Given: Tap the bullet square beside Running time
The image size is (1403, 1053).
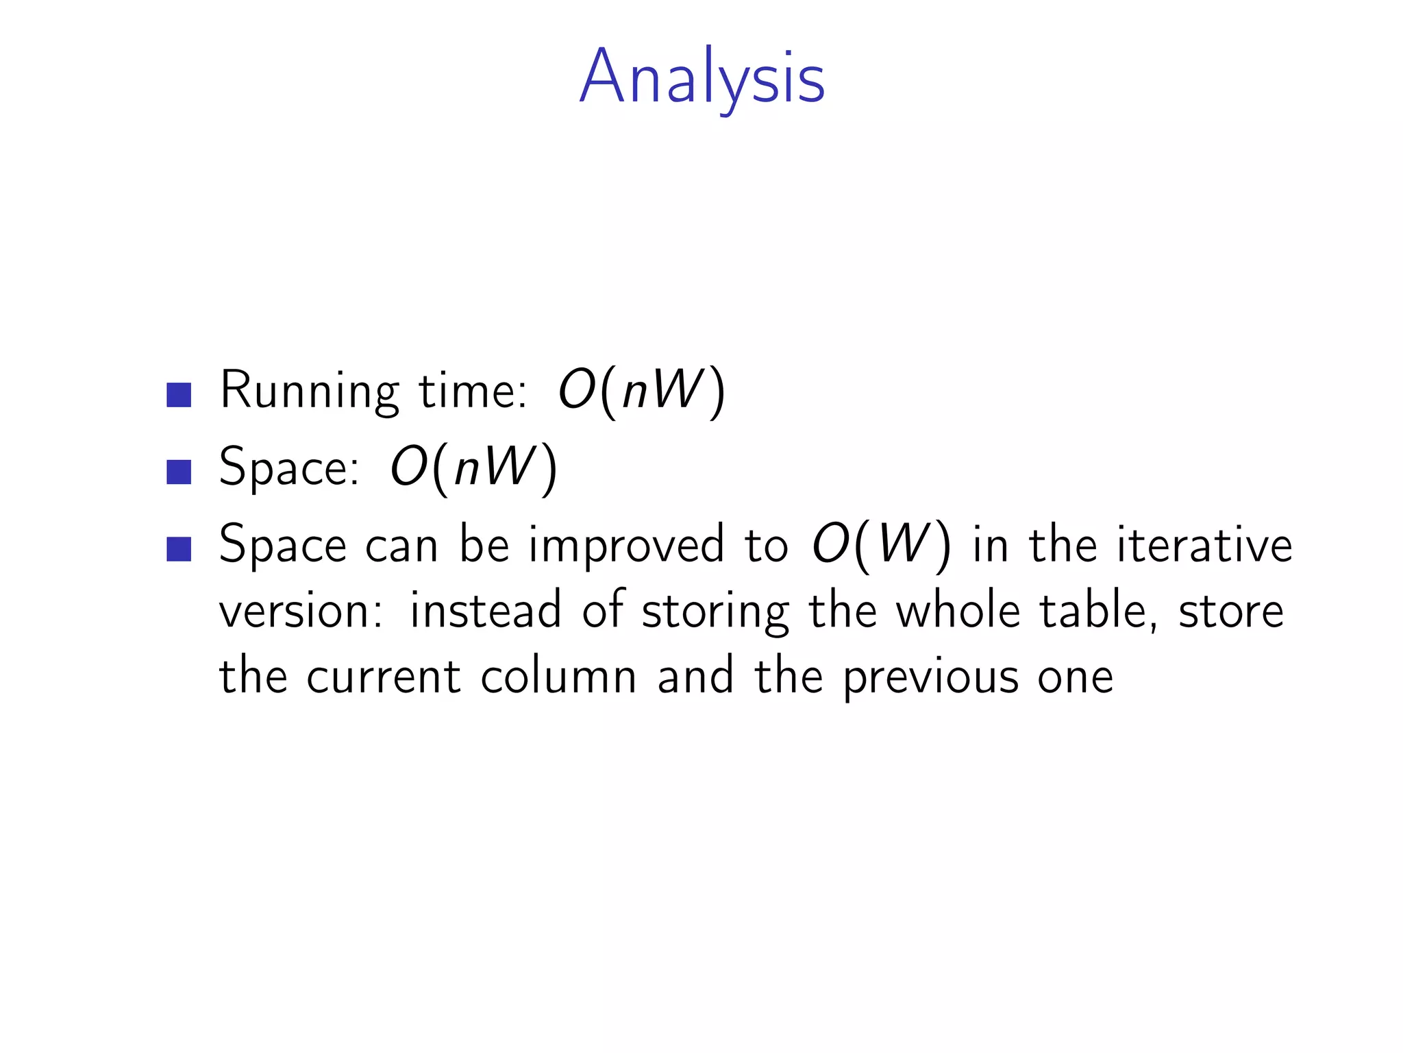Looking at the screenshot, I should [x=179, y=395].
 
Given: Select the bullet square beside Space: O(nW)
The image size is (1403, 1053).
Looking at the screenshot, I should [x=179, y=472].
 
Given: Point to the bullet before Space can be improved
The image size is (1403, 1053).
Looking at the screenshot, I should [x=179, y=548].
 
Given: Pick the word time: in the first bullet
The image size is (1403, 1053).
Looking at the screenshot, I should [x=473, y=391].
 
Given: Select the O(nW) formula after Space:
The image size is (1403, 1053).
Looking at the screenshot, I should [x=473, y=468].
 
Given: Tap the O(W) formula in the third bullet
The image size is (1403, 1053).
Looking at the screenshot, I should [x=881, y=546].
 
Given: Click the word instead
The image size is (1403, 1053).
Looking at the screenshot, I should [x=485, y=610].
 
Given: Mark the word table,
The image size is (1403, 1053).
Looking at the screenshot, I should [x=1098, y=610].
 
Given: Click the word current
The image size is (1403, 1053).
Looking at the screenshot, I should [x=384, y=677].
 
